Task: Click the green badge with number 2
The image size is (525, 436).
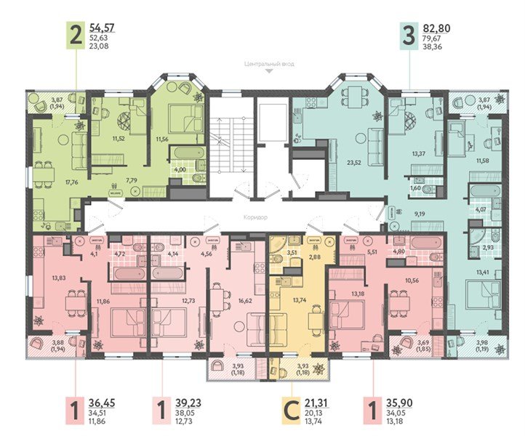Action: pyautogui.click(x=75, y=34)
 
